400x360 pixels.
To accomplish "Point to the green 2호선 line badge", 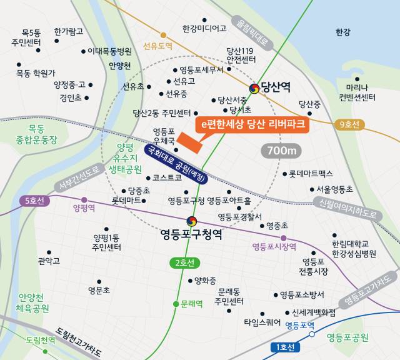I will tap(186, 262).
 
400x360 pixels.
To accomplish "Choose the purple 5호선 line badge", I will tap(35, 201).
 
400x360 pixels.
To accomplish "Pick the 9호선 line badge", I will tap(347, 124).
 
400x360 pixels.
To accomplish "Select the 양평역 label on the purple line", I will tap(84, 207).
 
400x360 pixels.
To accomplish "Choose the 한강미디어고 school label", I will tap(204, 28).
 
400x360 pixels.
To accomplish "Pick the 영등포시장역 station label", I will tap(274, 247).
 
